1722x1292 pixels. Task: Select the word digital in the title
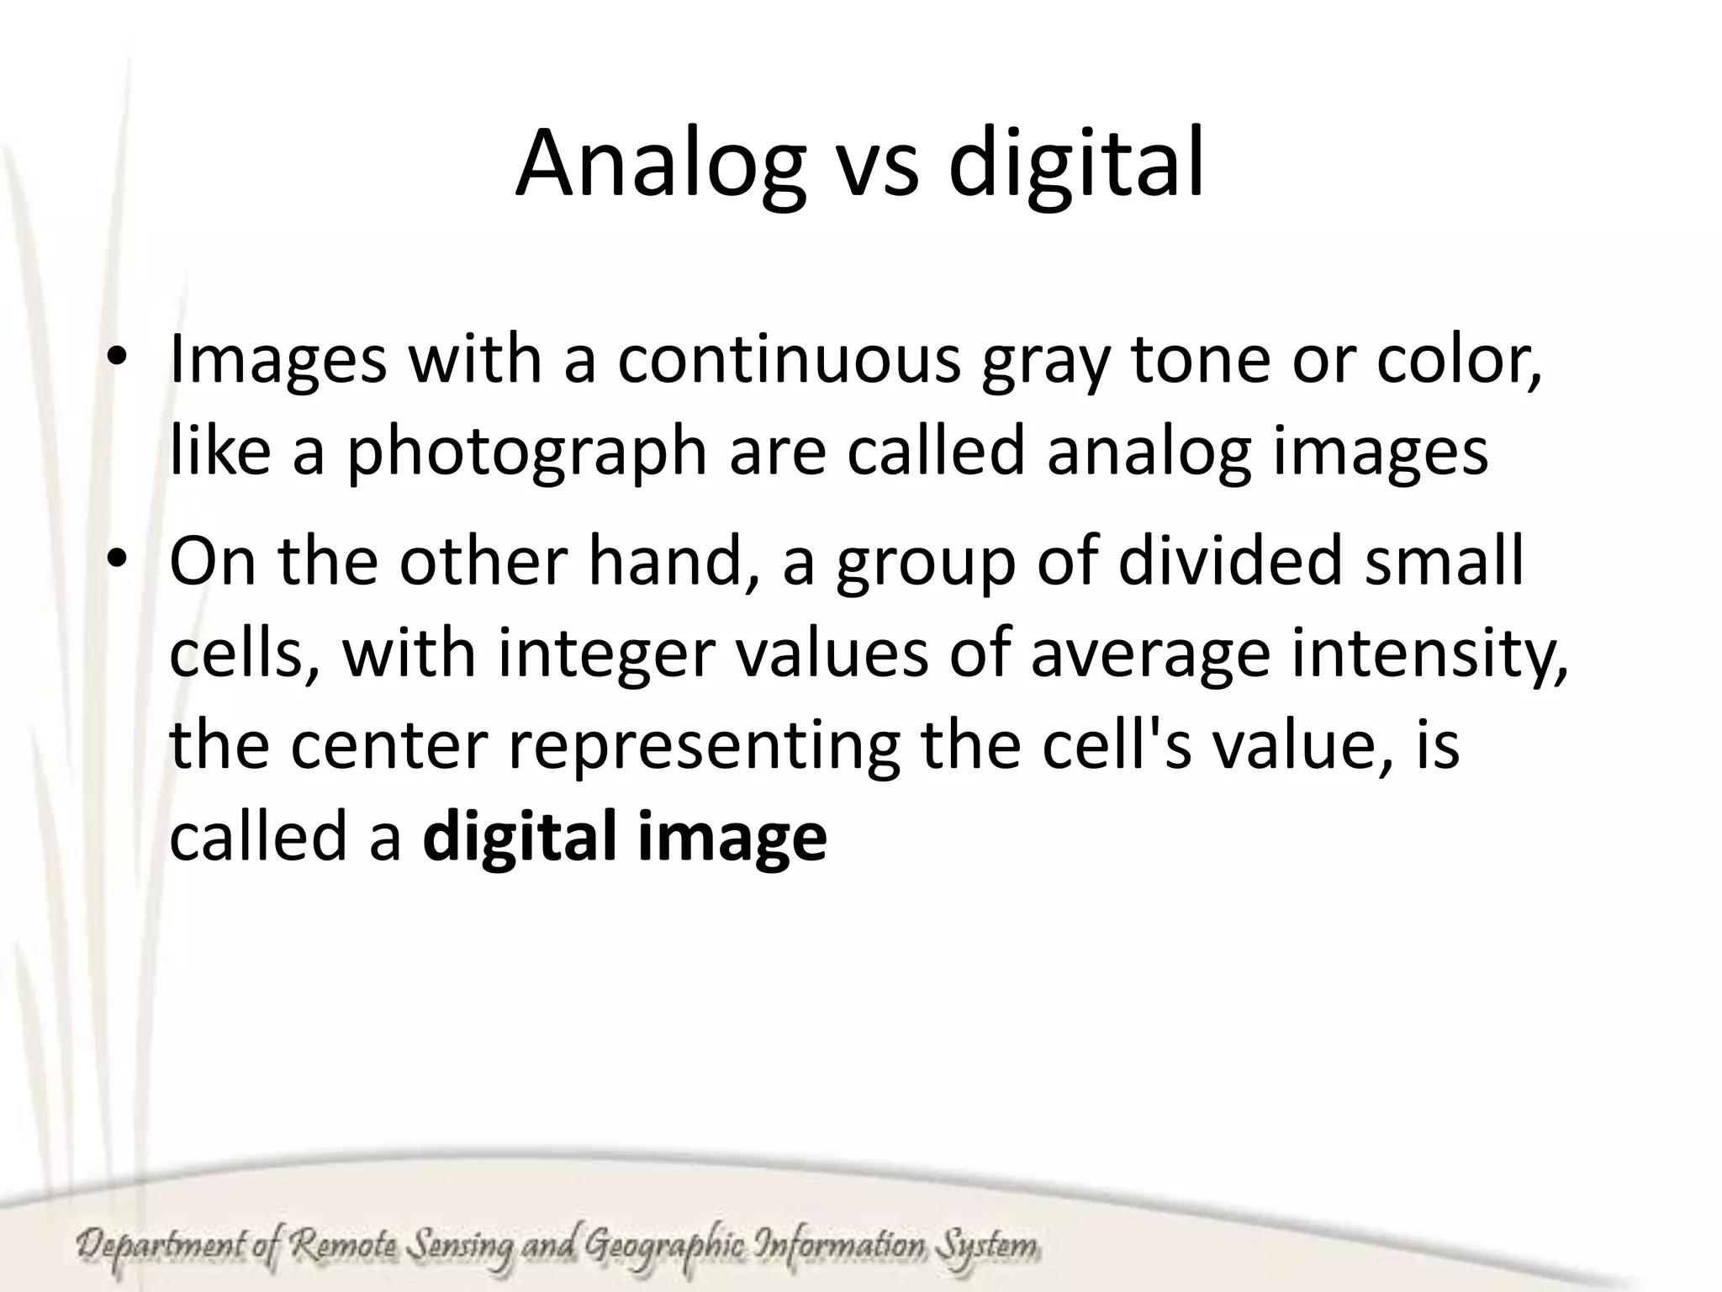tap(1076, 166)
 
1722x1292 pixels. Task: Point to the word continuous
tap(788, 359)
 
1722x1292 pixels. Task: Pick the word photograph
tap(527, 452)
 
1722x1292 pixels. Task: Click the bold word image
tap(732, 839)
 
